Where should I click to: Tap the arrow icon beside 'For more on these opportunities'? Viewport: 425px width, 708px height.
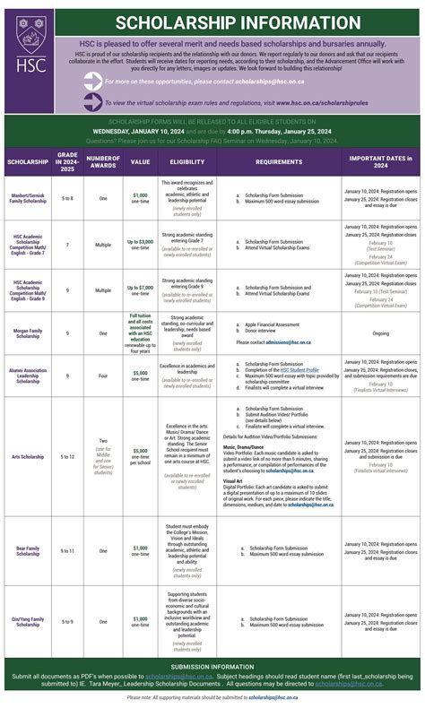point(92,81)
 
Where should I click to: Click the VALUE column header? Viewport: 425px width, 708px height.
point(141,162)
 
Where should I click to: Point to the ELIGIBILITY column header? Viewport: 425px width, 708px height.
point(187,162)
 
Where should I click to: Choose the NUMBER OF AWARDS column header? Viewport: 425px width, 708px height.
point(103,162)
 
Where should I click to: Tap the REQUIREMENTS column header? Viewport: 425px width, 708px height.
point(279,162)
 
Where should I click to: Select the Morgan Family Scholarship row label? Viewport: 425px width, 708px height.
point(28,333)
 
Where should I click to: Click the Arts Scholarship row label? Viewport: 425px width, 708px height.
point(28,456)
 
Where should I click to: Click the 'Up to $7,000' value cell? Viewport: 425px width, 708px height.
point(141,289)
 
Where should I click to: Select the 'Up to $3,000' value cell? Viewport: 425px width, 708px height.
point(141,243)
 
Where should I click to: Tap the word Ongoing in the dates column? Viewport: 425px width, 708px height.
point(380,332)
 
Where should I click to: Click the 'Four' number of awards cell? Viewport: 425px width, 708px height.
point(103,374)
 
